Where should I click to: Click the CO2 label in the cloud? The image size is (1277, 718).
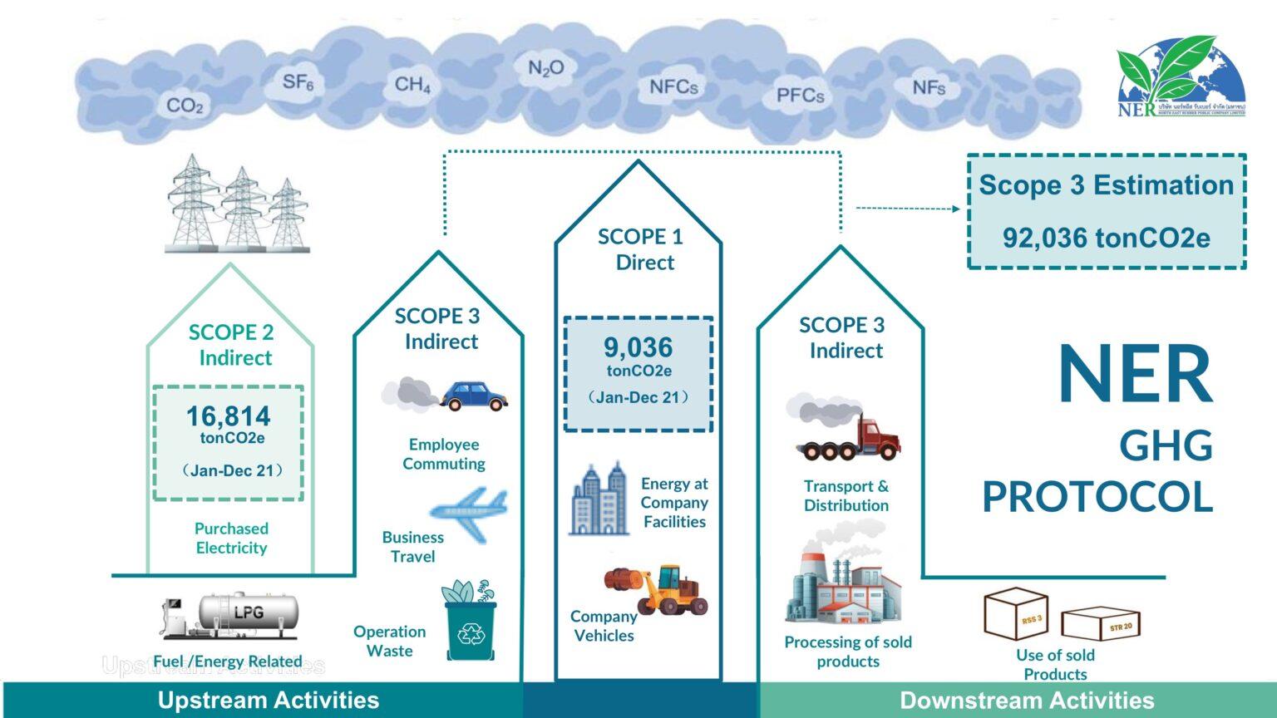click(x=185, y=106)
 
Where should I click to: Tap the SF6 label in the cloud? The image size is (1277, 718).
click(x=298, y=82)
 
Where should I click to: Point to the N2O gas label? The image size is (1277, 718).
click(x=546, y=68)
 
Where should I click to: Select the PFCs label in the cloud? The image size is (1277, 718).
click(x=800, y=96)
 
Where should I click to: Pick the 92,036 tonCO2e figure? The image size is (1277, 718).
click(x=1106, y=239)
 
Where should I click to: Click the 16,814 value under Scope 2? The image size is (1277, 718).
click(x=228, y=416)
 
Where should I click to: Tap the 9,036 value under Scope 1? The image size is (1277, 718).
click(x=638, y=347)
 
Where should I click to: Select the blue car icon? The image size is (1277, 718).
click(x=472, y=396)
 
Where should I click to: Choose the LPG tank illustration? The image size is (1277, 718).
click(x=248, y=613)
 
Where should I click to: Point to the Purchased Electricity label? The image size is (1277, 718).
click(x=231, y=538)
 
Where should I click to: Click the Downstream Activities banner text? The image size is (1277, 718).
click(x=1027, y=701)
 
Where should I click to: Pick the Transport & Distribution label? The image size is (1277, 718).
click(x=846, y=495)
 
